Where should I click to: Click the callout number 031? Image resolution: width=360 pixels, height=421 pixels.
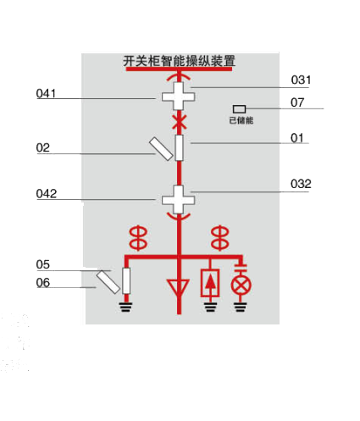pos(301,80)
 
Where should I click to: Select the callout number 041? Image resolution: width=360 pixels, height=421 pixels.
pos(46,93)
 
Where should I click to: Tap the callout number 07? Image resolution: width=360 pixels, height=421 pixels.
pos(297,102)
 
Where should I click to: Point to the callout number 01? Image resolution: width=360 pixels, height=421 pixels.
pos(297,138)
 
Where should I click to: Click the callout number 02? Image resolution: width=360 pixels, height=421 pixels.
pos(43,147)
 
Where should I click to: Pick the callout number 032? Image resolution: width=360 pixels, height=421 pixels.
pos(301,184)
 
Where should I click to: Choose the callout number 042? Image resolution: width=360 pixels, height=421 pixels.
pos(47,194)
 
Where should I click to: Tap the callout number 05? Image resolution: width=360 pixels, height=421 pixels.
pos(43,264)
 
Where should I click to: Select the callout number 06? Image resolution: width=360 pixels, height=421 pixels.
pos(43,283)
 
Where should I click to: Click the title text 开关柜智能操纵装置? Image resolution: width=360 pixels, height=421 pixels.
pos(179,61)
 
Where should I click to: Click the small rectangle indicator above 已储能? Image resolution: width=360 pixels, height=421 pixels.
pos(239,109)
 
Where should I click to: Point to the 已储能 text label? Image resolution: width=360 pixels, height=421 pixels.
pos(241,120)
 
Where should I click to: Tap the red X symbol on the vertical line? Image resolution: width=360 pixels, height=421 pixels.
pos(179,122)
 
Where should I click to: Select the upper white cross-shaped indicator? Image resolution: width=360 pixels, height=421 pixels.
pos(179,97)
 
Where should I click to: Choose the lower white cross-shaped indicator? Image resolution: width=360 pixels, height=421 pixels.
pos(179,200)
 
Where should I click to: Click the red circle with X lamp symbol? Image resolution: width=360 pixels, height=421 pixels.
pos(241,285)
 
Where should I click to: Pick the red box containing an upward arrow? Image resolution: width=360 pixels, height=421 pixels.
pos(210,283)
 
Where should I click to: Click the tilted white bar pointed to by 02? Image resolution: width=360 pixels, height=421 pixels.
pos(161,149)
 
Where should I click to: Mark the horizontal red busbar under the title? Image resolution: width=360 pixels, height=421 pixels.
pos(179,69)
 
